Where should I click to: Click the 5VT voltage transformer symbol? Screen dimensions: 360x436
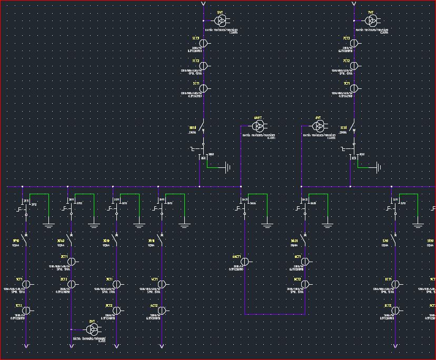(221, 21)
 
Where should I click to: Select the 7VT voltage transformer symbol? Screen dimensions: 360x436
(371, 21)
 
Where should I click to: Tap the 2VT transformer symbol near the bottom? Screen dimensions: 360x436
(92, 329)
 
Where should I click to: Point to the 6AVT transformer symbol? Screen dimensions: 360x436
(258, 126)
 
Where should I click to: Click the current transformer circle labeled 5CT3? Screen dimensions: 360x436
(204, 43)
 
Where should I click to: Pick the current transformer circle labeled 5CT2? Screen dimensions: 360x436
(204, 66)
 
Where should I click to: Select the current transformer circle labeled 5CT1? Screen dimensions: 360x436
(204, 88)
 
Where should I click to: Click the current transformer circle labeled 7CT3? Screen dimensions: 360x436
(354, 43)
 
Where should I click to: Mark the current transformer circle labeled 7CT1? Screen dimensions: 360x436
(354, 88)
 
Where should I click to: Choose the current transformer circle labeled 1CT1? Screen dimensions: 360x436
(26, 284)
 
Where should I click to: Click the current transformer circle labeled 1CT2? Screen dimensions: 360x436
(26, 311)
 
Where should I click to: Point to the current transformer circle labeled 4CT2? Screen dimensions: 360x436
(162, 311)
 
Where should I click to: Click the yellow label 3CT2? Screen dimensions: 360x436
(109, 305)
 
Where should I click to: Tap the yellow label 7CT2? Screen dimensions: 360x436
(347, 61)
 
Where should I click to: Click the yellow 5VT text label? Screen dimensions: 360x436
(220, 12)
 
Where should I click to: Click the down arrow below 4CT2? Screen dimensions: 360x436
(162, 346)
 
